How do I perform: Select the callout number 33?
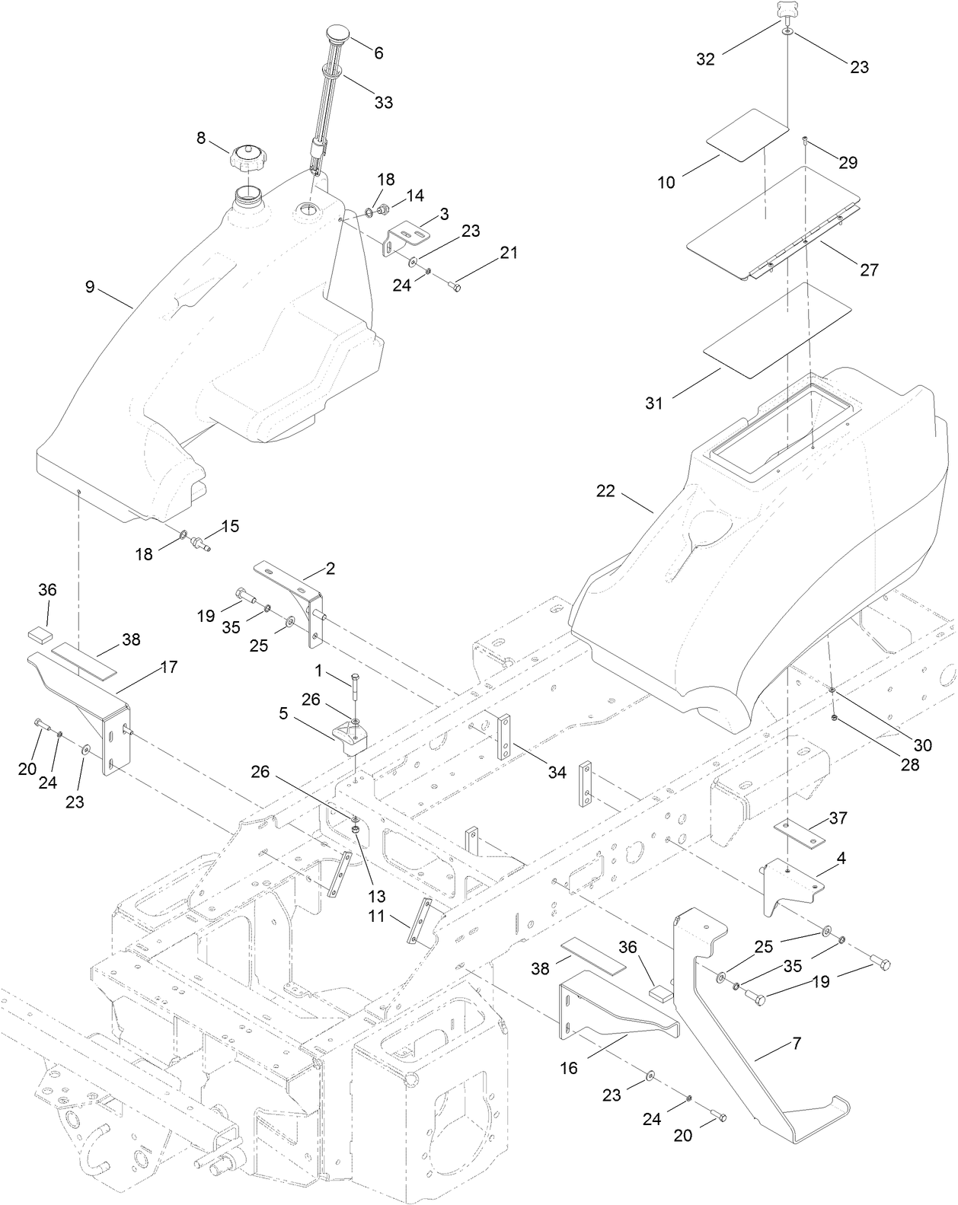click(384, 102)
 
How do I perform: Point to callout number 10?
click(666, 183)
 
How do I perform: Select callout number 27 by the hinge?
click(869, 269)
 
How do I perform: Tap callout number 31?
click(654, 403)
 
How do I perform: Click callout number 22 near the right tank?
click(605, 491)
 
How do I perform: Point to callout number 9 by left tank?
click(90, 287)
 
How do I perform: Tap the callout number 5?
click(283, 715)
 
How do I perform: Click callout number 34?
click(557, 772)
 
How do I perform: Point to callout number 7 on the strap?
click(797, 1044)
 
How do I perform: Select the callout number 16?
click(569, 1068)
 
